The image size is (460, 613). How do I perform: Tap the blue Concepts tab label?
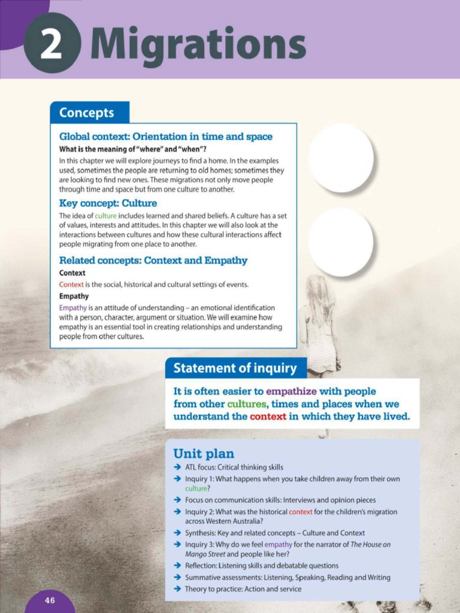click(87, 113)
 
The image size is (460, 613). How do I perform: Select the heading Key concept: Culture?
click(108, 203)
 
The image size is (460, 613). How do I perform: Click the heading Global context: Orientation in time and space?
click(165, 136)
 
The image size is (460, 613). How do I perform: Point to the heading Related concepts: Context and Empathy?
click(153, 260)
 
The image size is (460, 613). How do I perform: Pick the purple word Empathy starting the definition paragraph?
click(73, 308)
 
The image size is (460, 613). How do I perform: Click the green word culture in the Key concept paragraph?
click(106, 216)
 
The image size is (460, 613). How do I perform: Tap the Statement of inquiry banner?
click(235, 368)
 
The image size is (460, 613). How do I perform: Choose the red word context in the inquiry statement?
click(268, 417)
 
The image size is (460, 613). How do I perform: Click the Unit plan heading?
click(204, 454)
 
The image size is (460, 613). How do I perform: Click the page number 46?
click(50, 600)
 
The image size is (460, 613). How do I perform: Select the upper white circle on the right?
click(341, 158)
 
